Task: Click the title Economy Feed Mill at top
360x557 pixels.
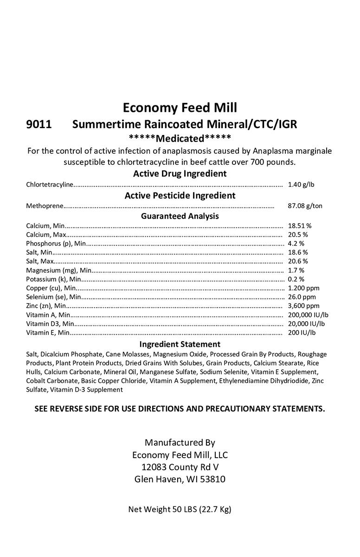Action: pyautogui.click(x=180, y=108)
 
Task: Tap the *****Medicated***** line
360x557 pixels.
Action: pyautogui.click(x=180, y=138)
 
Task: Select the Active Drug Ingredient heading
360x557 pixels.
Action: pyautogui.click(x=180, y=174)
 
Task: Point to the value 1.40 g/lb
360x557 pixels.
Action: pyautogui.click(x=301, y=185)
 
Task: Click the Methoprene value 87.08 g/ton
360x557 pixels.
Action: pyautogui.click(x=305, y=206)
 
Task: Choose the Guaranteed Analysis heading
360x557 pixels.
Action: pyautogui.click(x=180, y=216)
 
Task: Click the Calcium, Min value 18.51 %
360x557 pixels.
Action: pyautogui.click(x=300, y=226)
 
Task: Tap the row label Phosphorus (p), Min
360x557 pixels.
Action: pyautogui.click(x=56, y=244)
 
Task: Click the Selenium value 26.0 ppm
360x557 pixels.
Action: pyautogui.click(x=302, y=297)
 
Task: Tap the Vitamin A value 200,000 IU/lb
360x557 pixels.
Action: pyautogui.click(x=308, y=315)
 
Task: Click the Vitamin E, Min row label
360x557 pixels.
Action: pyautogui.click(x=48, y=333)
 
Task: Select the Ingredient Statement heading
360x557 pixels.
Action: pyautogui.click(x=180, y=344)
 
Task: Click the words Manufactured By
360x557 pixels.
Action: pyautogui.click(x=180, y=442)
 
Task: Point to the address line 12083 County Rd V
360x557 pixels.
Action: pyautogui.click(x=180, y=467)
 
